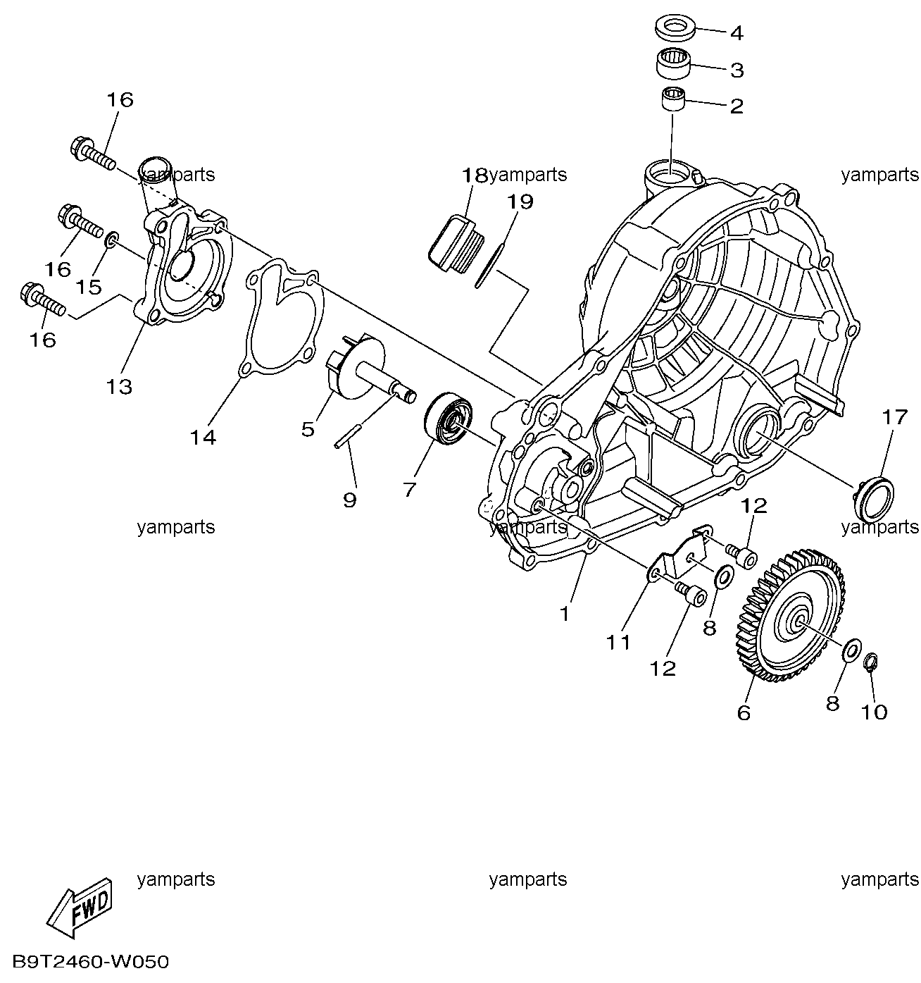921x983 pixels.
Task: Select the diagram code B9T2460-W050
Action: coord(91,963)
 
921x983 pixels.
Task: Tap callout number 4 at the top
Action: coord(737,34)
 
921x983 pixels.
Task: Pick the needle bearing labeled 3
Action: coord(673,63)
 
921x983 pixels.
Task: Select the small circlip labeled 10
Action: coord(870,662)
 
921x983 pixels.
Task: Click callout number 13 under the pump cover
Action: coord(119,387)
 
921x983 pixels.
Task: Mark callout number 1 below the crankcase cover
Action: coord(565,614)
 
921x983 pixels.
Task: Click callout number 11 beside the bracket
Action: coord(618,643)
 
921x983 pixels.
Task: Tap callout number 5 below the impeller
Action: coord(308,429)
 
